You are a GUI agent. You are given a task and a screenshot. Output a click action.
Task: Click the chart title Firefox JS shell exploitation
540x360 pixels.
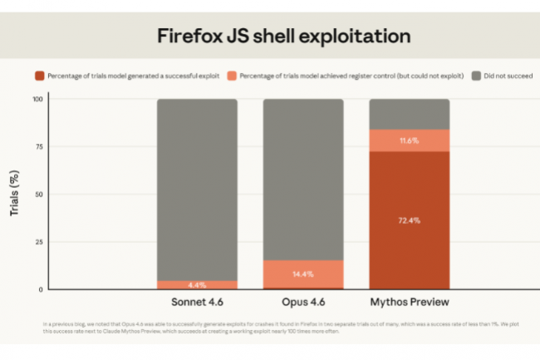coord(283,37)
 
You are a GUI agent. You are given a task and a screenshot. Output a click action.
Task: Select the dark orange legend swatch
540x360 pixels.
coord(39,76)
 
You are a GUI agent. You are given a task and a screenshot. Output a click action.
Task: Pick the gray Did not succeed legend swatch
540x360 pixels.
coord(476,76)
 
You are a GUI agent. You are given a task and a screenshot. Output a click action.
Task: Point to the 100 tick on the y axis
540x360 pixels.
coord(37,100)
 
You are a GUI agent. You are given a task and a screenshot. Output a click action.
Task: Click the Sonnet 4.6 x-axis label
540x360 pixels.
coord(197,301)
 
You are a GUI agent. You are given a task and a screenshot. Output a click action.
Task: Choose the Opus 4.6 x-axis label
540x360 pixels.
coord(303,301)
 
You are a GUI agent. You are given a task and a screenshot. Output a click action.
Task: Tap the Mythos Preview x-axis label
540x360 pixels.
coord(409,301)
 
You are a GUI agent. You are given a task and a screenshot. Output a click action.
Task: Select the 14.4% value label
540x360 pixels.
coord(303,274)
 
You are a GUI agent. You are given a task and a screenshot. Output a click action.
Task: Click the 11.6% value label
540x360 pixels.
coord(409,141)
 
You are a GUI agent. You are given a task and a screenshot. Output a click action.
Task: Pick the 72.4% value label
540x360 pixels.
coord(409,220)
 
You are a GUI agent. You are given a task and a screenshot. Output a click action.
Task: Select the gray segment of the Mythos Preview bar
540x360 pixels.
coord(409,114)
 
